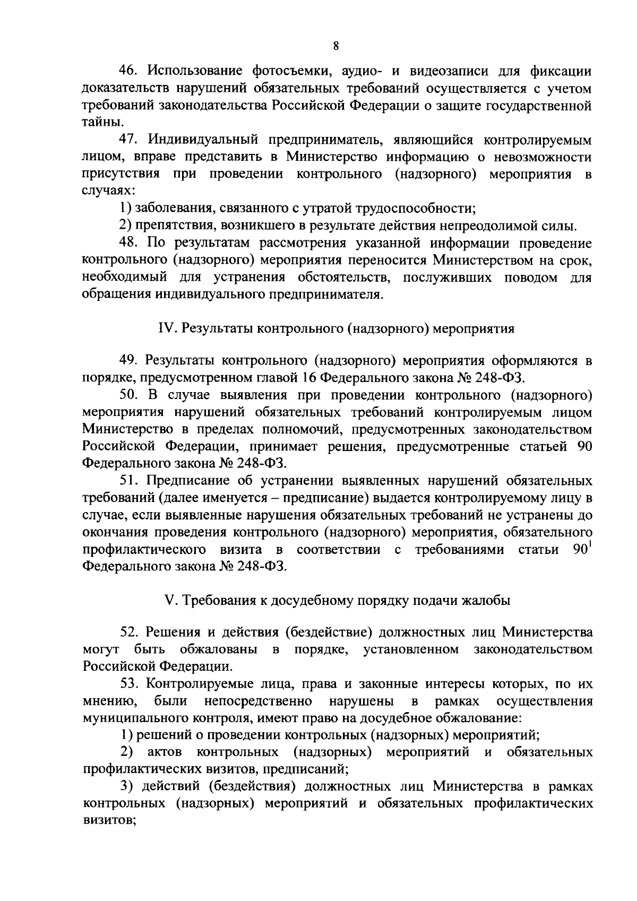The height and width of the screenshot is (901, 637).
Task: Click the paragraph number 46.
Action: coord(128,71)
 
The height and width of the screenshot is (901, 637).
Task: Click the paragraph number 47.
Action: coord(128,140)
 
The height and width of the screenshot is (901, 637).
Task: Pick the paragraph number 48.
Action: coord(128,243)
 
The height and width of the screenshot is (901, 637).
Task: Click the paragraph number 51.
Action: coord(128,481)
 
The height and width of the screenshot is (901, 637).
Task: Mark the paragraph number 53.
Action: coord(128,683)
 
